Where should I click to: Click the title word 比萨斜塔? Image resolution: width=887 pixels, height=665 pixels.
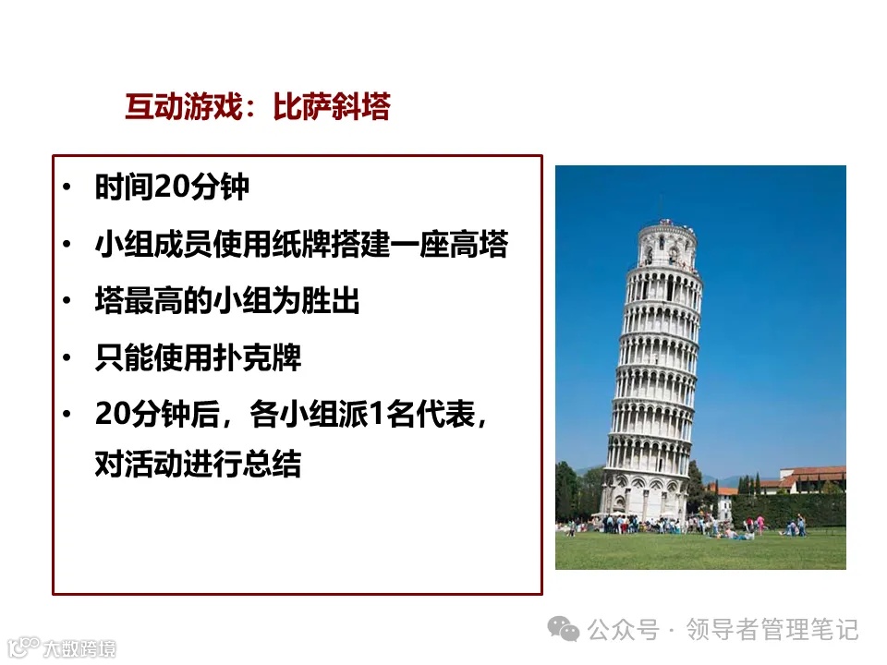coord(332,108)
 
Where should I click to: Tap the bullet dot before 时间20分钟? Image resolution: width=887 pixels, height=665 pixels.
coord(66,188)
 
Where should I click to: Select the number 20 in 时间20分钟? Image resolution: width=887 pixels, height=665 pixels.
coord(172,187)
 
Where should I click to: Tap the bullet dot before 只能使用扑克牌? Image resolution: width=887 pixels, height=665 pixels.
coord(66,358)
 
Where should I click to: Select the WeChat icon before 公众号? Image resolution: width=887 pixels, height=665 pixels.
coord(564,630)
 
